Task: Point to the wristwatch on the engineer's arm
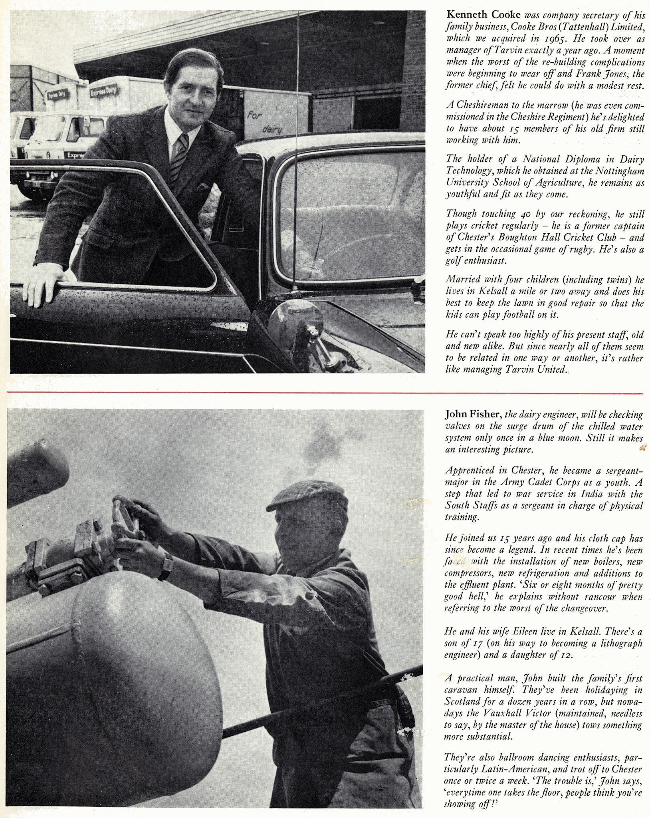click(165, 566)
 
